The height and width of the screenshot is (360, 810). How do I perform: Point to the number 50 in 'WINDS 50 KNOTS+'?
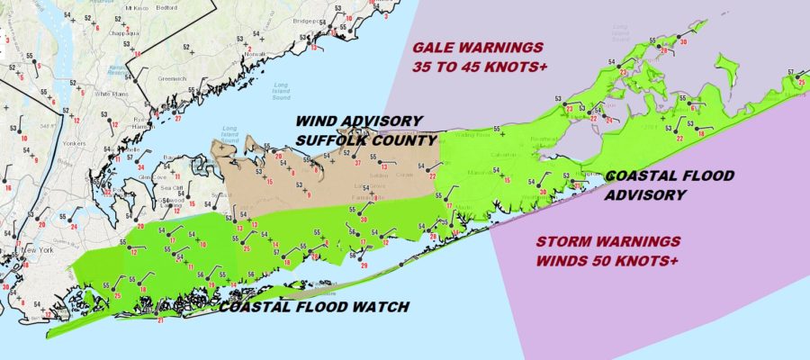pyautogui.click(x=598, y=261)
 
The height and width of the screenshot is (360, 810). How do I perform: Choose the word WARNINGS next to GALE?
pyautogui.click(x=508, y=49)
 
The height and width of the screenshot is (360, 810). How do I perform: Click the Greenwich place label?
pyautogui.click(x=172, y=77)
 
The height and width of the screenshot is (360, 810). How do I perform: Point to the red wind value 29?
pyautogui.click(x=364, y=265)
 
